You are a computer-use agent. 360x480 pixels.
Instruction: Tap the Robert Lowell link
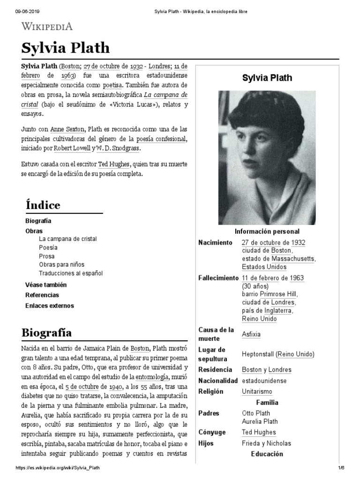[73, 148]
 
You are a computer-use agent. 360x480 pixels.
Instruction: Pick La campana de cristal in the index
[68, 239]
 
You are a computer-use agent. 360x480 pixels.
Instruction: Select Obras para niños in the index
[62, 264]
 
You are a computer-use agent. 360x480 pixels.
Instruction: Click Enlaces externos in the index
[49, 306]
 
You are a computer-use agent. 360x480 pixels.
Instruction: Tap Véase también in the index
[46, 285]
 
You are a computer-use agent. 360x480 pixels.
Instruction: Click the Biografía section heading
[46, 333]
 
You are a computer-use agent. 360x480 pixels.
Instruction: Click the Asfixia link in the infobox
[251, 335]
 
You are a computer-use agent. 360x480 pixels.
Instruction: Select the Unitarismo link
[256, 391]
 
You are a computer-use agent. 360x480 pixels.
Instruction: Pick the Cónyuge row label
[212, 432]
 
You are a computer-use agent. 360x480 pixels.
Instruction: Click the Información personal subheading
[267, 232]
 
